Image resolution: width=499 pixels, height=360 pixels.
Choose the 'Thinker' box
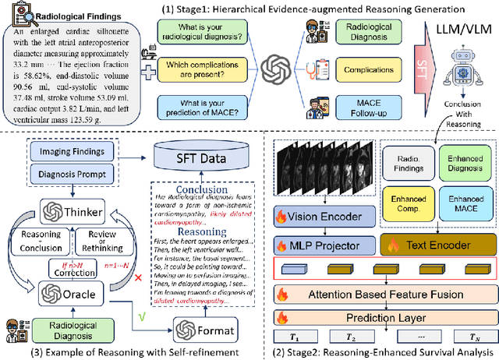(x=80, y=210)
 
